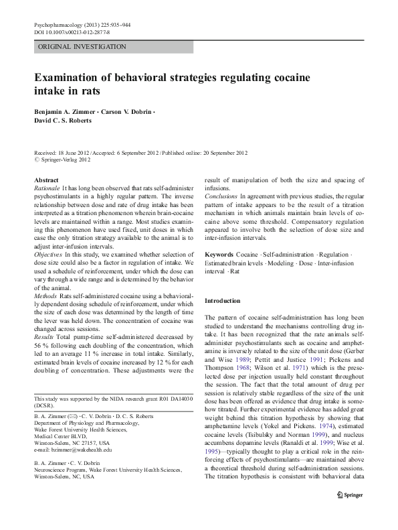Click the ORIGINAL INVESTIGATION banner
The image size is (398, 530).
(82, 47)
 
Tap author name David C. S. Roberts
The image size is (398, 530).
(65, 121)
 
